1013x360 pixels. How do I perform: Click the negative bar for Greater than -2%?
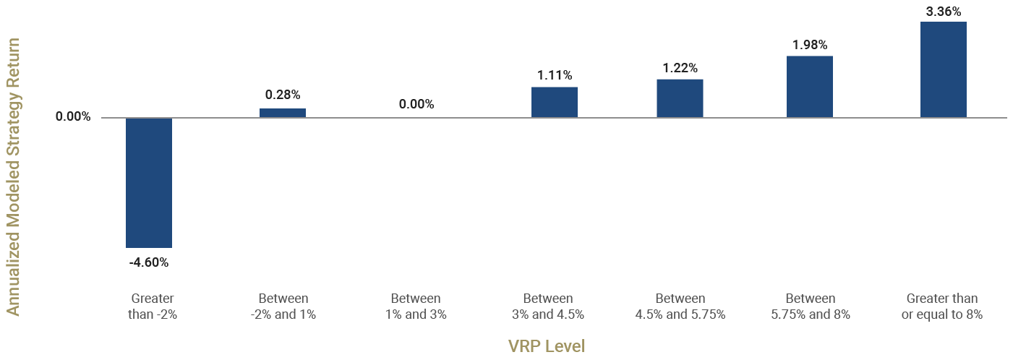(x=149, y=182)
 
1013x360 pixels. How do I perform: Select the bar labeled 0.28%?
(x=283, y=113)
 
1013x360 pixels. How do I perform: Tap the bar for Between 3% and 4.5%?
(x=555, y=102)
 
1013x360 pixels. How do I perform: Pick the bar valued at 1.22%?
(x=680, y=98)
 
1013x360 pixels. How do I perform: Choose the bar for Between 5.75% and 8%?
(x=810, y=86)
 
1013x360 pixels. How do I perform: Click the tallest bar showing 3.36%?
(x=944, y=69)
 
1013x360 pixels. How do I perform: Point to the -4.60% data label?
(x=149, y=262)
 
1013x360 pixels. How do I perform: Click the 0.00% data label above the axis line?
(x=416, y=104)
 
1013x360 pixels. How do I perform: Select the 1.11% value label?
(x=555, y=74)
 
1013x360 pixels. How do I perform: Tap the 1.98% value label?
(x=810, y=44)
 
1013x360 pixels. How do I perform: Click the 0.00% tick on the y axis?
(x=73, y=117)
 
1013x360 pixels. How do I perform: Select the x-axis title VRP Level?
(x=546, y=346)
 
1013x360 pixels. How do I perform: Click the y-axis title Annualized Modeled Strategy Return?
(x=13, y=177)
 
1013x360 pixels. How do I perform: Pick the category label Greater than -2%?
(x=153, y=307)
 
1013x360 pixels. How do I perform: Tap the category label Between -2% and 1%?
(x=283, y=307)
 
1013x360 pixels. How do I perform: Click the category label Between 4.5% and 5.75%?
(x=680, y=307)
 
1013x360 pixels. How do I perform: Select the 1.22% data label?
(x=680, y=68)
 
